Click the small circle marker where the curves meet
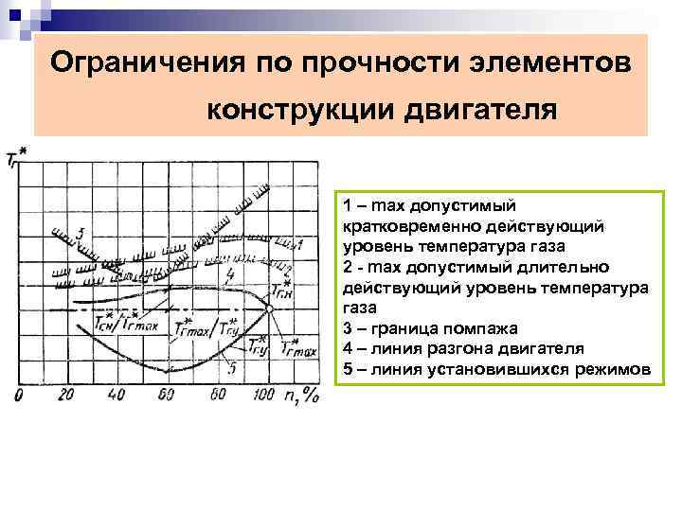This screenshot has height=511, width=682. point(270,308)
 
